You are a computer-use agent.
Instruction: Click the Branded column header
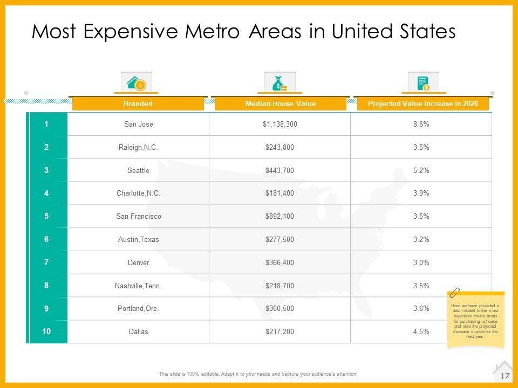[x=138, y=103]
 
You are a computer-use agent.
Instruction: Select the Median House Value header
[x=280, y=103]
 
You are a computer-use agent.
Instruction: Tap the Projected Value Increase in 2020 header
[x=422, y=103]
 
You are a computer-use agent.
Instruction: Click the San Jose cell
[x=139, y=124]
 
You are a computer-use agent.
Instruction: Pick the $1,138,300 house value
[x=280, y=124]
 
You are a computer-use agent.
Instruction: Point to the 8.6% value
[x=421, y=124]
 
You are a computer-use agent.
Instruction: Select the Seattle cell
[x=139, y=170]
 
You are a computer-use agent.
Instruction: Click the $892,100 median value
[x=280, y=216]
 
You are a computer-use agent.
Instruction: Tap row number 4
[x=47, y=193]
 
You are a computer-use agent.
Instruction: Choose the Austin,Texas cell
[x=139, y=239]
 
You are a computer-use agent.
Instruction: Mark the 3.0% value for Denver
[x=421, y=262]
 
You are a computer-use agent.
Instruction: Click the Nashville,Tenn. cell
[x=139, y=286]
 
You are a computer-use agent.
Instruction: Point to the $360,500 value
[x=280, y=309]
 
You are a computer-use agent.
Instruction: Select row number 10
[x=47, y=331]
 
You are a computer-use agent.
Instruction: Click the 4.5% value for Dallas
[x=421, y=331]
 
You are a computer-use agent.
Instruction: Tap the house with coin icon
[x=136, y=83]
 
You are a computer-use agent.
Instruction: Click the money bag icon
[x=280, y=84]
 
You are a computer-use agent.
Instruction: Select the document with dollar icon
[x=423, y=84]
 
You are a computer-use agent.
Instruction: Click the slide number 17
[x=506, y=376]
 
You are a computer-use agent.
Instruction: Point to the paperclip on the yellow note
[x=454, y=293]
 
